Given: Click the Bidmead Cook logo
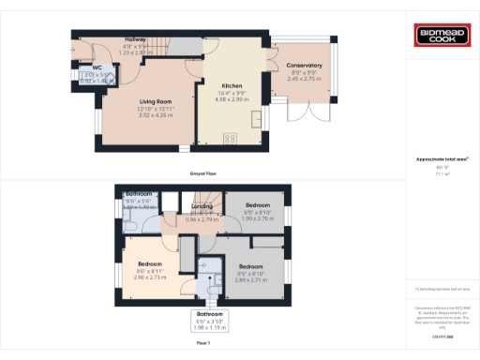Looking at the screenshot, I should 440,36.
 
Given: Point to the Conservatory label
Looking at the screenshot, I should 304,66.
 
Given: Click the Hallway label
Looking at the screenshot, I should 136,39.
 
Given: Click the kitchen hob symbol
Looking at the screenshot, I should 230,139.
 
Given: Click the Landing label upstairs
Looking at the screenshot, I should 203,207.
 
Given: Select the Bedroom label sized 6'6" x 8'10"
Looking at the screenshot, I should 258,204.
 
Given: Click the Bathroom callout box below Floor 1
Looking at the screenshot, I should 209,320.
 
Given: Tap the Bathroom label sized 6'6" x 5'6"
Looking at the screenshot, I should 139,194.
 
